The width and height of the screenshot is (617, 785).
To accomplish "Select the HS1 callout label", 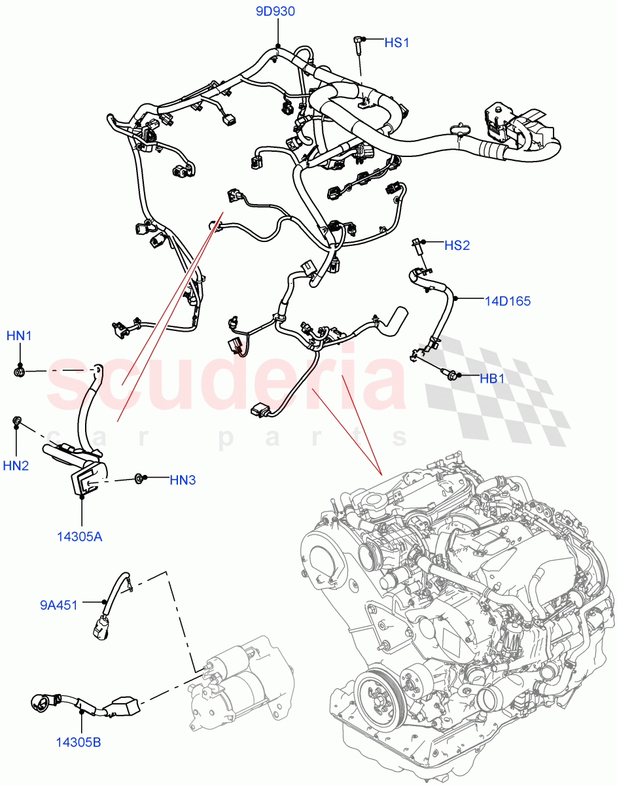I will click(397, 43).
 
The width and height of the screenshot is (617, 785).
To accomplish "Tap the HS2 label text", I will click(457, 245).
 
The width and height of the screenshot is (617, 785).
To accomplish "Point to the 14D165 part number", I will click(507, 302).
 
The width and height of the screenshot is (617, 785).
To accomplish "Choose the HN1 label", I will click(20, 336).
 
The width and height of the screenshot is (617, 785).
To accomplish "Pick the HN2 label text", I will click(16, 466).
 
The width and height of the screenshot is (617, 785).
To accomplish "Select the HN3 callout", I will click(183, 480).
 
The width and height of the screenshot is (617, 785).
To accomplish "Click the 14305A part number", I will click(79, 537).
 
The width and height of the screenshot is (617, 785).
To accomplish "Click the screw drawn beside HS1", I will click(357, 43).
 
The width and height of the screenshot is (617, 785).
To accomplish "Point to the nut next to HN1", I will click(20, 372).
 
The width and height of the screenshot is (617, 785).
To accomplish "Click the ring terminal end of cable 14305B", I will click(41, 704).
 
